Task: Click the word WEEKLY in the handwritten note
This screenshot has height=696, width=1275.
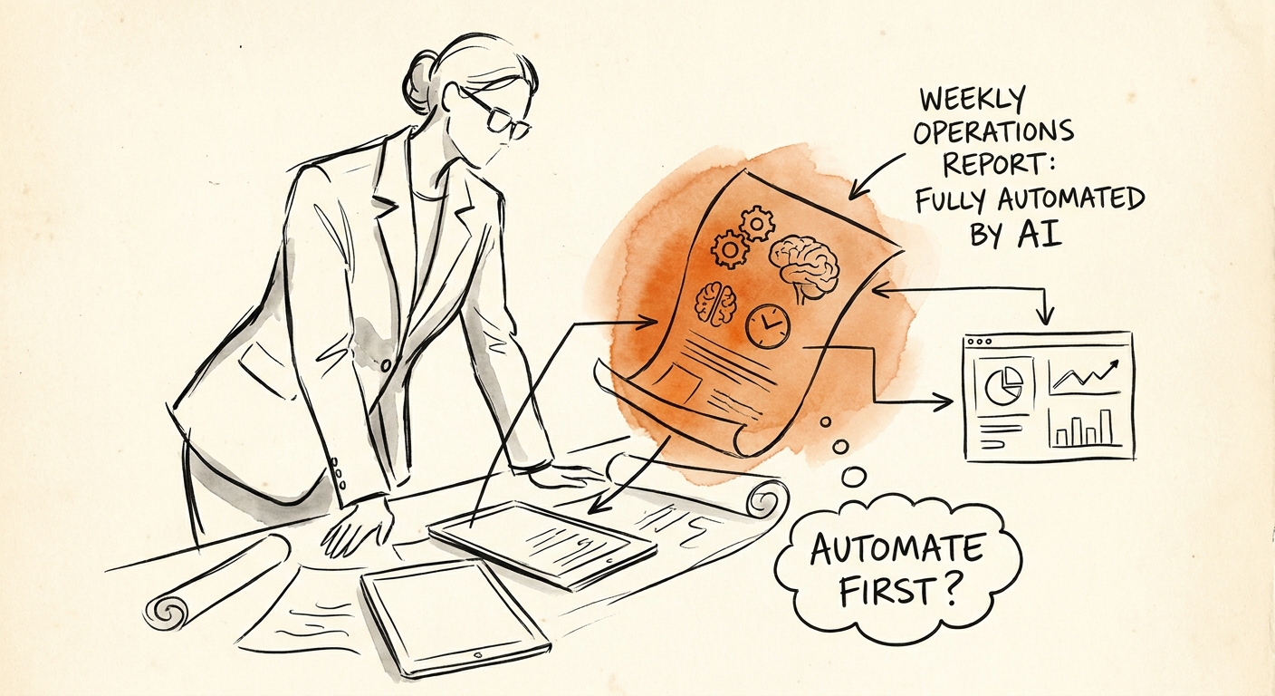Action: pos(973,101)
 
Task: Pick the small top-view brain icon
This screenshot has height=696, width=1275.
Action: pos(716,304)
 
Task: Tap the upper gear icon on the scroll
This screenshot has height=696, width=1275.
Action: pos(756,223)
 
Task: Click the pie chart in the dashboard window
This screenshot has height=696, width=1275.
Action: pos(1003,385)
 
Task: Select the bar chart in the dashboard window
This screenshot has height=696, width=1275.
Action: pos(1084,428)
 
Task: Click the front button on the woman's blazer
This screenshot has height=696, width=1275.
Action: pos(386,365)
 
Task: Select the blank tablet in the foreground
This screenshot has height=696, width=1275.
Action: pos(455,617)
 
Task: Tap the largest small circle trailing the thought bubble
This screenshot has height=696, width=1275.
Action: pos(853,476)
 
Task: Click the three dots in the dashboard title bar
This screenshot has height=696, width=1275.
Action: pos(979,342)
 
